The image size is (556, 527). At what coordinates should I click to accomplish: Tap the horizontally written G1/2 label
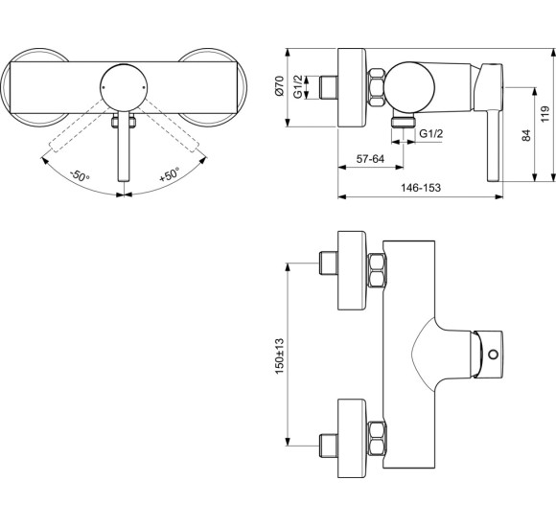(x=431, y=135)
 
